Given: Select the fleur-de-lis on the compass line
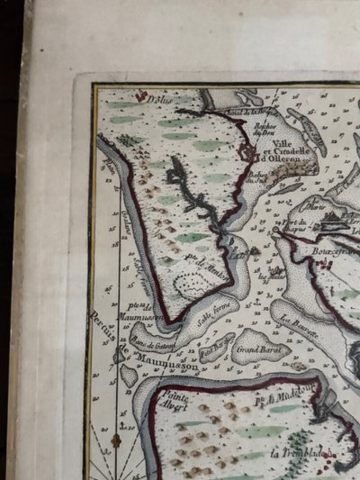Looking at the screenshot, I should click(x=116, y=440).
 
